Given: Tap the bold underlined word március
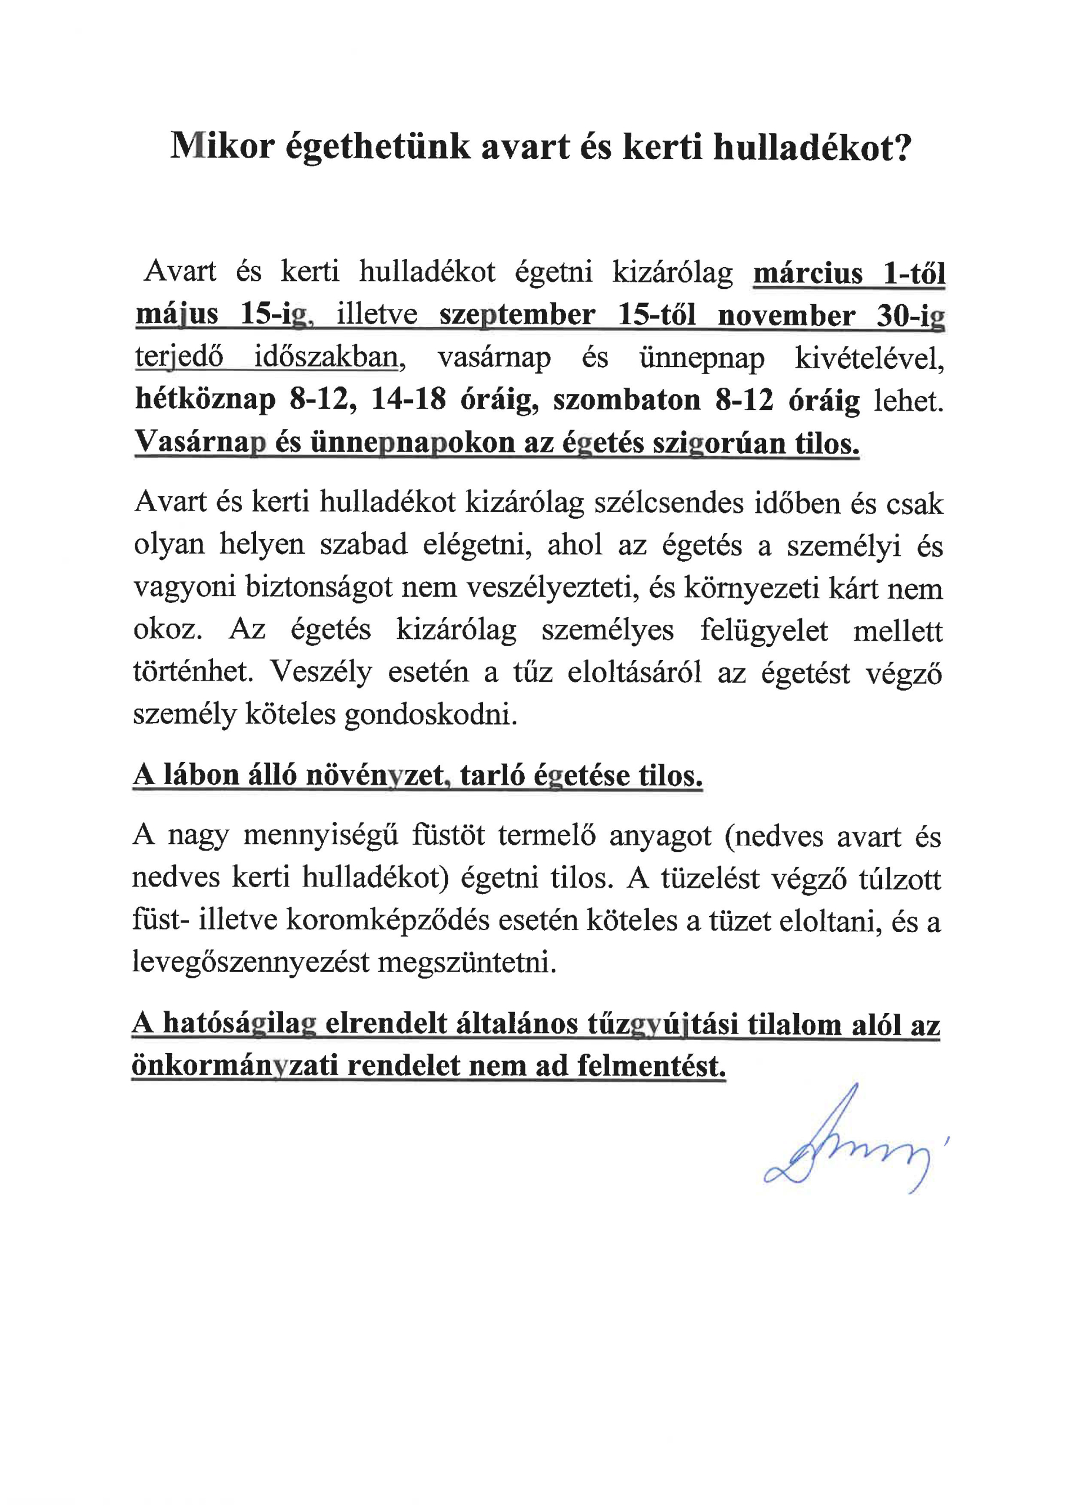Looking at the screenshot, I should click(808, 273).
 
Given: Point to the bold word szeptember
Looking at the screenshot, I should click(517, 315).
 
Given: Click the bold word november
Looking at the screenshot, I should click(786, 315).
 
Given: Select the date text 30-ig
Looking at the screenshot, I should click(911, 316).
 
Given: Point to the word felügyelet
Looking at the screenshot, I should click(764, 630).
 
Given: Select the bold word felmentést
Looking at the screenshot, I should click(651, 1065).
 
